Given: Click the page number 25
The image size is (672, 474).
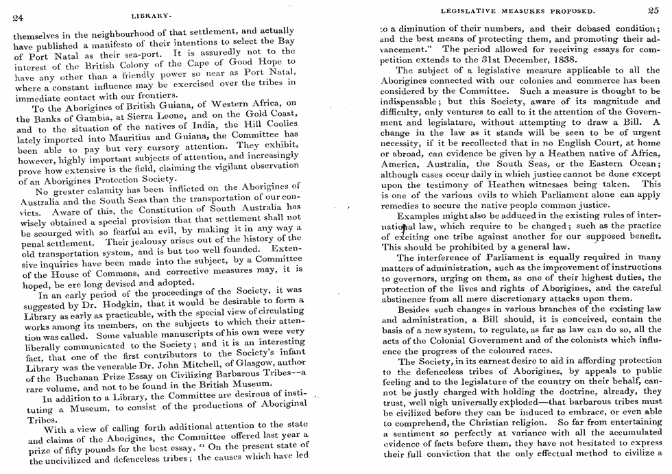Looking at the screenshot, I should (652, 10).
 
